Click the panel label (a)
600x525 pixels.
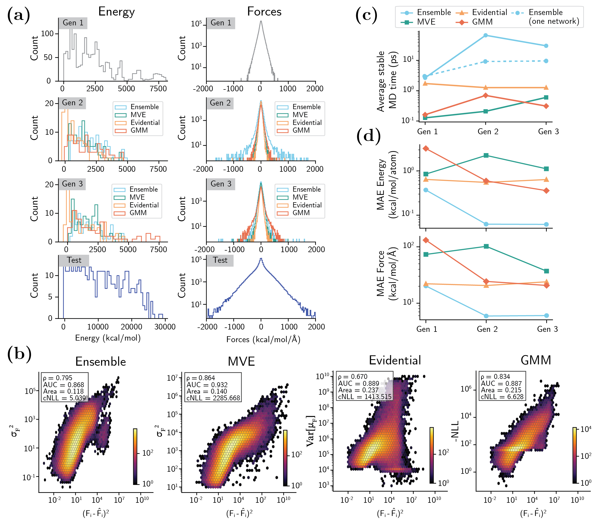18,15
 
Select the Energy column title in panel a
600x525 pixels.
116,12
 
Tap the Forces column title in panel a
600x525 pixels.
264,12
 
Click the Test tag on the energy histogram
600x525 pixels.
74,260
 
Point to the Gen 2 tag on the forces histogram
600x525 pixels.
220,103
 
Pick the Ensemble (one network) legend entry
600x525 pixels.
553,17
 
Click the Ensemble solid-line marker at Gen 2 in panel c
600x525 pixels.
485,35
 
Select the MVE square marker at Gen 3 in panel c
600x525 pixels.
546,97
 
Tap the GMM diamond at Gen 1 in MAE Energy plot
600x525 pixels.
426,148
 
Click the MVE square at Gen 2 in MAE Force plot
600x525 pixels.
486,246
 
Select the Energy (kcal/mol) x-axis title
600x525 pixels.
108,338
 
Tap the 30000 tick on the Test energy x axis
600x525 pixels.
165,327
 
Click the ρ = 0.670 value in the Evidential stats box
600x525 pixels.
353,377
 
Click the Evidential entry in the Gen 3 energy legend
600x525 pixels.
144,205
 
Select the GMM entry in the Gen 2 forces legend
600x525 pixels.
301,130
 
